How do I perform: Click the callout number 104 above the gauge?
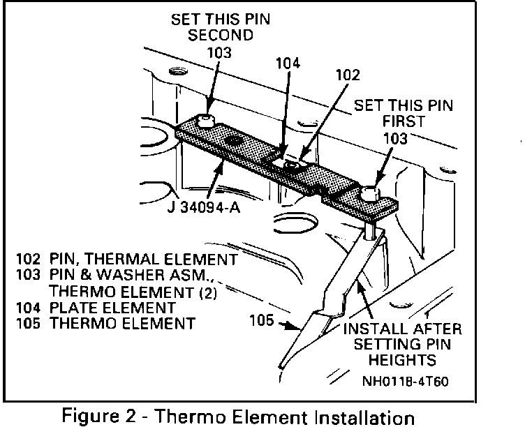click(x=288, y=63)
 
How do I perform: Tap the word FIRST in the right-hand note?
click(x=404, y=123)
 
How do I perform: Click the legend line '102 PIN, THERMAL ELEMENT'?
click(x=126, y=259)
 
